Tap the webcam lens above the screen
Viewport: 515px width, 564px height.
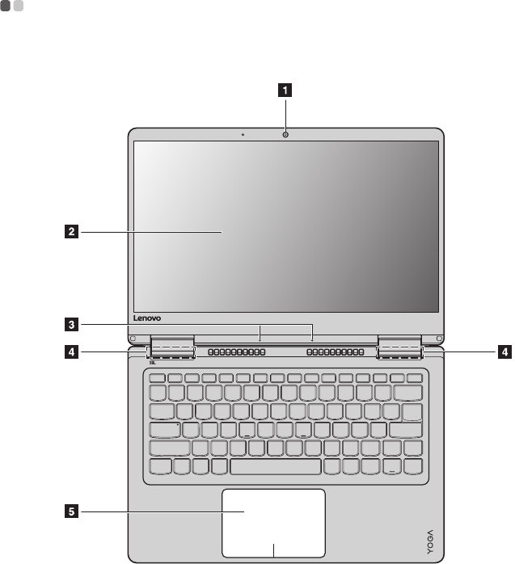(x=286, y=133)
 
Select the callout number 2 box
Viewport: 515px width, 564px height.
(x=72, y=233)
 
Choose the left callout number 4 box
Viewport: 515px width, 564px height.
(x=72, y=351)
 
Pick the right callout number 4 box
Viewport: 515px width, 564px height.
(x=504, y=351)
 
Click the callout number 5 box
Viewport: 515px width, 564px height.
(x=72, y=511)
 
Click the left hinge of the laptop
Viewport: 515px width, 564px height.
(x=171, y=347)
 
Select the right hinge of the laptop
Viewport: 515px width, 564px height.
(x=400, y=347)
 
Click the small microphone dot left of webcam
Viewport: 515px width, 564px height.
(x=243, y=133)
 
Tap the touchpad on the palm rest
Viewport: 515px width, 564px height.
(x=274, y=517)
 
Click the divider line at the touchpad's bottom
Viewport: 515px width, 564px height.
(x=274, y=550)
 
